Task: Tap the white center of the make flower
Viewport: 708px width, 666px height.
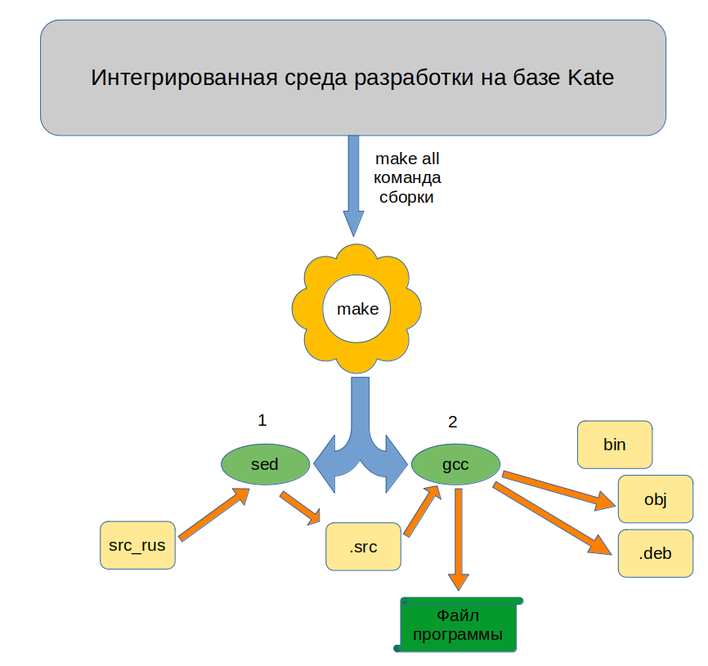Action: (357, 310)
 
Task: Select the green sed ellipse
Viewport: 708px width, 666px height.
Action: (265, 465)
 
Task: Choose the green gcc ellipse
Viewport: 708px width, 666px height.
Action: (455, 465)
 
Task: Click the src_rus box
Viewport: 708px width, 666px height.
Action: (137, 544)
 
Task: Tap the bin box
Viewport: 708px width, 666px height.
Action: (614, 445)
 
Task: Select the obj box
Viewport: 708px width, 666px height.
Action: (656, 499)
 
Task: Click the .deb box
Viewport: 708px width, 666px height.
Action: (656, 553)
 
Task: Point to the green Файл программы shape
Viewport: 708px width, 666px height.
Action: (458, 625)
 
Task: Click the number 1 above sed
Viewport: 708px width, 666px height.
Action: (262, 420)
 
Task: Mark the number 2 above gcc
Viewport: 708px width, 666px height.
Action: (453, 422)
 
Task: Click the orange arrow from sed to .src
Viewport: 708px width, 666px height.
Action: (300, 508)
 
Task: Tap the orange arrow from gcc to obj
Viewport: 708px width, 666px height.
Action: (558, 489)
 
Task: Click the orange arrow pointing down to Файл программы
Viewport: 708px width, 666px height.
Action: (459, 539)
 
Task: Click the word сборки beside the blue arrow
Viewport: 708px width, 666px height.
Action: (406, 197)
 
